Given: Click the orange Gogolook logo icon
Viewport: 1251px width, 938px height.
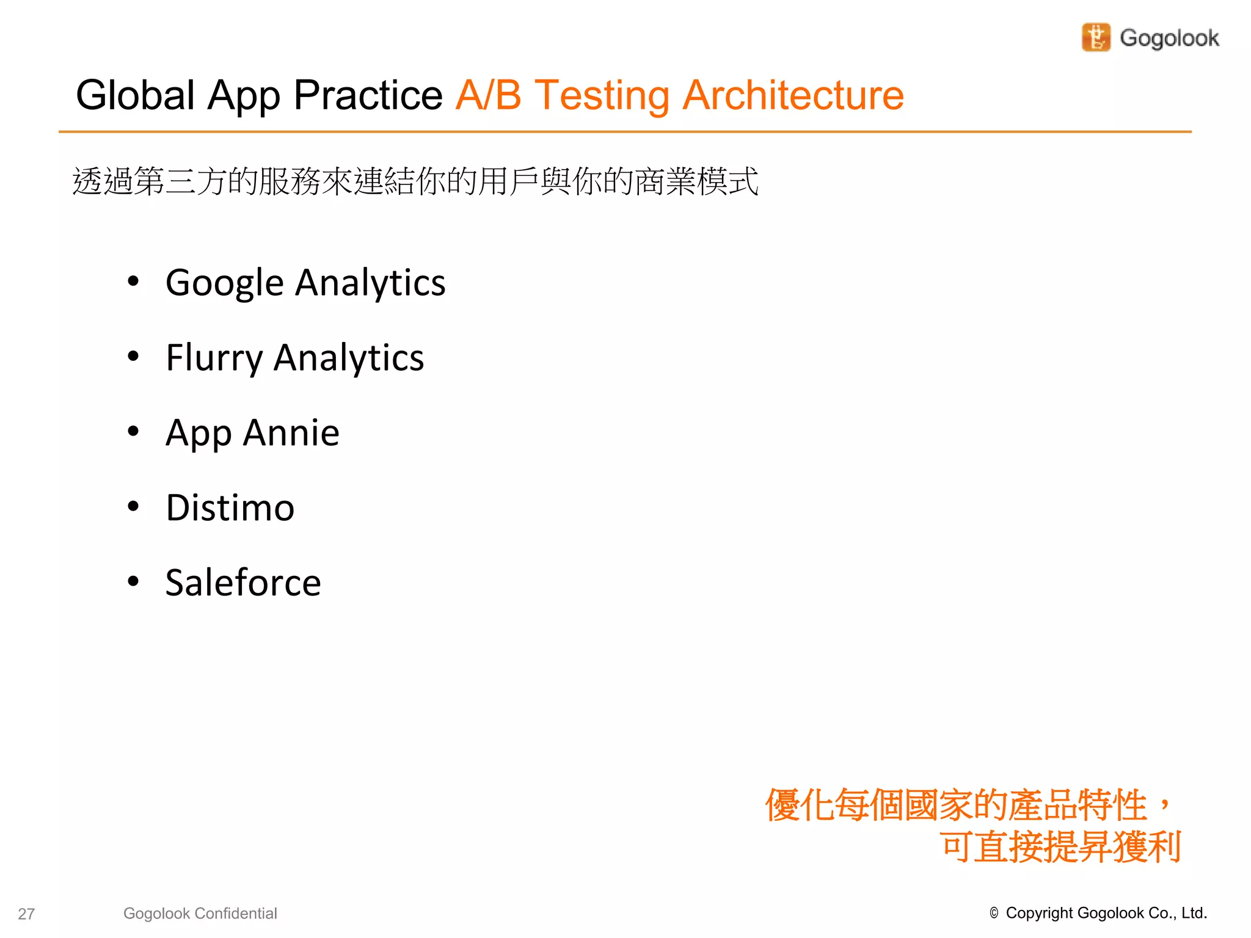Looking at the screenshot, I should point(1096,38).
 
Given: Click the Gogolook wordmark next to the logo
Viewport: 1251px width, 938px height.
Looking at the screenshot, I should point(1169,38).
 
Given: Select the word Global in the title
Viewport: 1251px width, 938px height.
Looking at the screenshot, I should point(135,95).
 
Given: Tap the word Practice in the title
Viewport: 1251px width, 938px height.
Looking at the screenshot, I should point(368,95).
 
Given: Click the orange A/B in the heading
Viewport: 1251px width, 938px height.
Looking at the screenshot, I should point(488,95).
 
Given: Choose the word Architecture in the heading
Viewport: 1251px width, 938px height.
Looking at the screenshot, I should point(793,95).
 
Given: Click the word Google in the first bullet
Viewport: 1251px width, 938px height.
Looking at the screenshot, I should point(225,283).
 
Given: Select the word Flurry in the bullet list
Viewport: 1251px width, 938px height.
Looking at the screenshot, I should point(214,358).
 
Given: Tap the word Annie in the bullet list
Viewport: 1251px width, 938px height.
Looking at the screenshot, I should point(291,433).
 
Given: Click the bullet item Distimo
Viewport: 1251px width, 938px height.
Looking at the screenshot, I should point(230,507).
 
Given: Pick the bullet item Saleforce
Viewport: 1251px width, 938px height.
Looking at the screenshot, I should point(243,583).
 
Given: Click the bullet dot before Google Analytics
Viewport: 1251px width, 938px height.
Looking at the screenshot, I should point(133,282).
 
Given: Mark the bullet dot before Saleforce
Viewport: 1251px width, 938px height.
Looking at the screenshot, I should point(133,581).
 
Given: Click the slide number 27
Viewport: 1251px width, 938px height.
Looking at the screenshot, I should point(26,914).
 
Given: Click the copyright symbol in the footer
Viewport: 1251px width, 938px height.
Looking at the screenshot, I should point(994,913).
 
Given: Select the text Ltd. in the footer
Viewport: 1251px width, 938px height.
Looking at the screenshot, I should point(1194,913).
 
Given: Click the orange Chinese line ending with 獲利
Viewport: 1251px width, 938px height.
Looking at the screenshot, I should point(1060,846).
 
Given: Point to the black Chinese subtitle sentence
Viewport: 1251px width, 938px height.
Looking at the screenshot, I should point(415,181).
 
